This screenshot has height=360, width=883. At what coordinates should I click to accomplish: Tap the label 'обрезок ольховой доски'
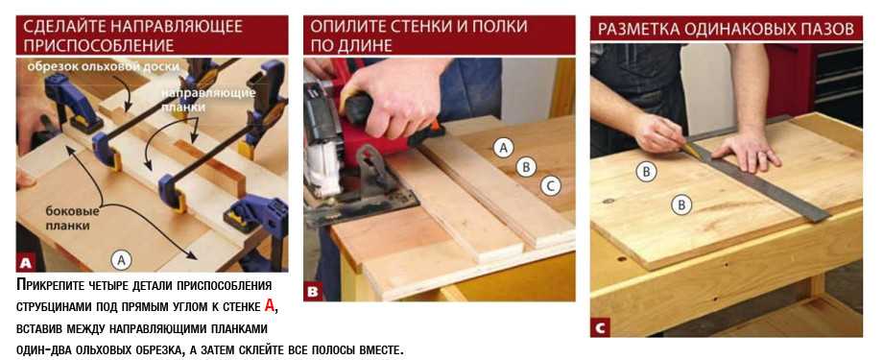tap(103, 66)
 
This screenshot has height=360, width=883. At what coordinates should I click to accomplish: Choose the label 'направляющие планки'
tap(209, 99)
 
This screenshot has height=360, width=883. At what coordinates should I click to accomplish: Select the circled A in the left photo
tap(120, 260)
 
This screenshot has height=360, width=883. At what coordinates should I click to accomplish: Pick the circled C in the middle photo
tap(551, 185)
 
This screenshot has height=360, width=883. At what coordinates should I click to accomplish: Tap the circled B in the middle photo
tap(526, 167)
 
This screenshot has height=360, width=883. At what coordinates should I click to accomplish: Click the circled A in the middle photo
tap(504, 148)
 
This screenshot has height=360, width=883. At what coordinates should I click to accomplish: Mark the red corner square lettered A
tap(25, 263)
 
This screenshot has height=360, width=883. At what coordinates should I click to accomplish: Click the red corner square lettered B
tap(313, 292)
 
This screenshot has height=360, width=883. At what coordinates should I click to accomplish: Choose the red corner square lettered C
tap(600, 328)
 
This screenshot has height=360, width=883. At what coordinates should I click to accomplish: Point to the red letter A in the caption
tap(269, 306)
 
